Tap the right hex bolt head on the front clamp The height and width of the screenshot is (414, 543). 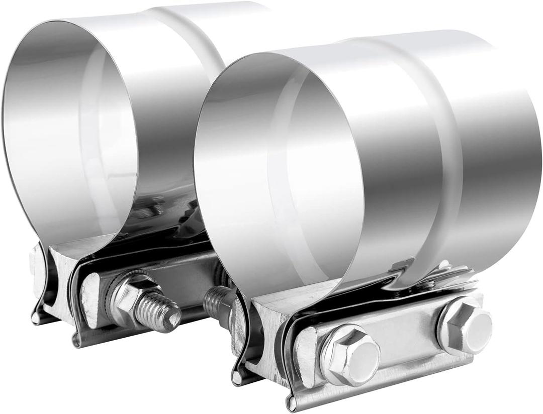tap(465, 325)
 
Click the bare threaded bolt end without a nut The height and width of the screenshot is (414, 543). tap(217, 300)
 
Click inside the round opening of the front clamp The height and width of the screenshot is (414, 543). tap(279, 176)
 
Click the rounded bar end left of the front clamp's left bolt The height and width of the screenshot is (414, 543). tap(308, 352)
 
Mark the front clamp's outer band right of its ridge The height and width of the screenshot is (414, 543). tap(503, 151)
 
